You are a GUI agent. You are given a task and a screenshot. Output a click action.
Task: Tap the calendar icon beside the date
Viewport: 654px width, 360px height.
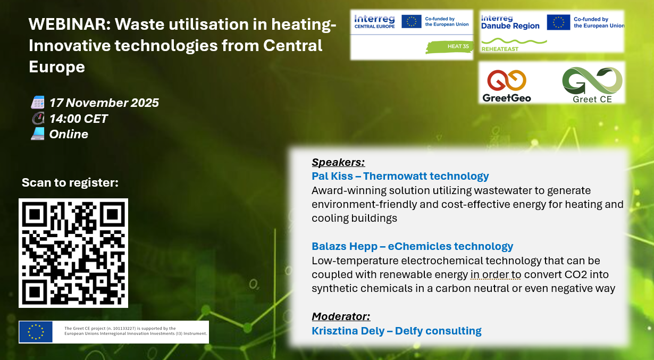pyautogui.click(x=38, y=103)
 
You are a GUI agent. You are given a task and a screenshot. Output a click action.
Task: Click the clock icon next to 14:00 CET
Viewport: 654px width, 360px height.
pyautogui.click(x=38, y=118)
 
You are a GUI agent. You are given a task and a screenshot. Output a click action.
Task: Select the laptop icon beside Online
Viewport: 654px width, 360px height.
pyautogui.click(x=38, y=134)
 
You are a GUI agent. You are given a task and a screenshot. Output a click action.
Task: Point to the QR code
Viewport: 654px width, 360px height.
pyautogui.click(x=73, y=253)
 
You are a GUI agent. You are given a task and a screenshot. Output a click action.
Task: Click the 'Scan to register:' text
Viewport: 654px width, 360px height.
pyautogui.click(x=70, y=182)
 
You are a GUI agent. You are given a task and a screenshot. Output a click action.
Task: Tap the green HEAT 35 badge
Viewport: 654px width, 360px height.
pyautogui.click(x=449, y=47)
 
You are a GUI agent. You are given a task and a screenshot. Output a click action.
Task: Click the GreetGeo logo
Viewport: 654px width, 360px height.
pyautogui.click(x=507, y=86)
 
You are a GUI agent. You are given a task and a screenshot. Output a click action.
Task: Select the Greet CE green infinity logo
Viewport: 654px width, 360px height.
pyautogui.click(x=592, y=85)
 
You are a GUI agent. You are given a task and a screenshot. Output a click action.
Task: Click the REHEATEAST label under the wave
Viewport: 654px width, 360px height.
pyautogui.click(x=500, y=49)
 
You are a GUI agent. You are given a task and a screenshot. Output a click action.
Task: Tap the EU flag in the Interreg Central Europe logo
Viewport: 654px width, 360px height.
pyautogui.click(x=412, y=22)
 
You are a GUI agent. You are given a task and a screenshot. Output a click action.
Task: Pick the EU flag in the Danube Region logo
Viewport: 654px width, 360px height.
pyautogui.click(x=558, y=22)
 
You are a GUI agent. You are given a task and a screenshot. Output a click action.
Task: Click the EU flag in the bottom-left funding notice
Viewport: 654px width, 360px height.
pyautogui.click(x=36, y=332)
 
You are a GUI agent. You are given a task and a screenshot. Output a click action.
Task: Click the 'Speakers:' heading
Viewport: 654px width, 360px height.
pyautogui.click(x=338, y=162)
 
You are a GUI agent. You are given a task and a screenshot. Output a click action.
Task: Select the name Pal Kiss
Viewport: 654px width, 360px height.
pyautogui.click(x=332, y=176)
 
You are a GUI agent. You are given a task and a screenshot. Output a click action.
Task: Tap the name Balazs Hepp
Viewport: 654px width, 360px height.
pyautogui.click(x=345, y=246)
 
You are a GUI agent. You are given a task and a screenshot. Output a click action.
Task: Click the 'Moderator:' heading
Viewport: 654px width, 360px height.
pyautogui.click(x=341, y=316)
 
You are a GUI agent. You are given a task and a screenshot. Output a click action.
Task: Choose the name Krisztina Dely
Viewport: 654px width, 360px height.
pyautogui.click(x=348, y=331)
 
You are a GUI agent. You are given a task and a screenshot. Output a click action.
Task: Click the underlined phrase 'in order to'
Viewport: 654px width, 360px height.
pyautogui.click(x=496, y=274)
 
